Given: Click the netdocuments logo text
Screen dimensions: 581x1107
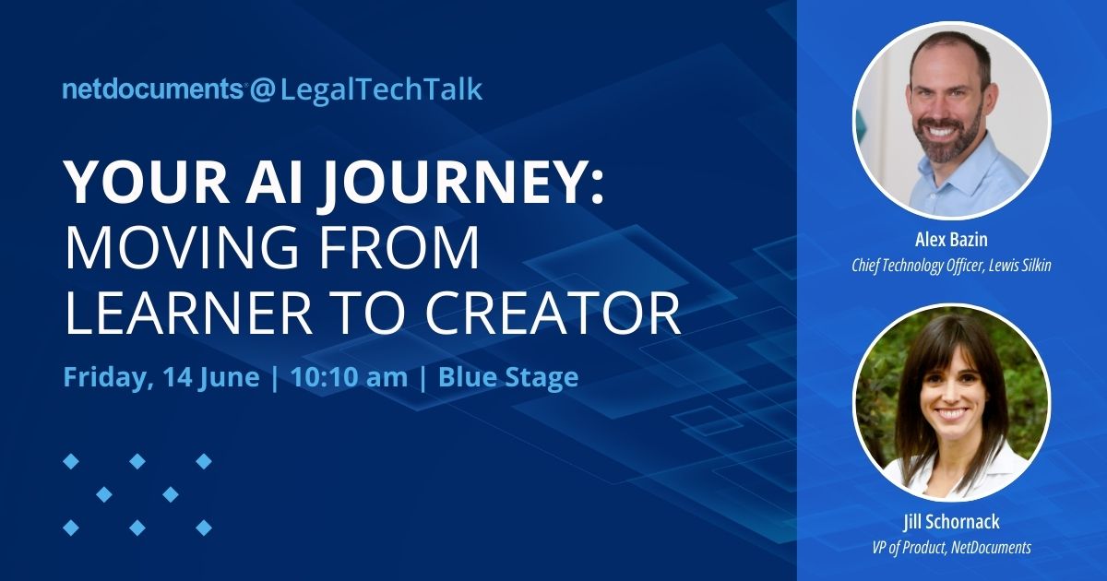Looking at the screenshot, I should point(152,89).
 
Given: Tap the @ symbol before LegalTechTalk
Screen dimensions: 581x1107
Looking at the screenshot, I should point(262,89).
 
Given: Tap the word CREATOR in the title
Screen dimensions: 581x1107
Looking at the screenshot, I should point(552,314).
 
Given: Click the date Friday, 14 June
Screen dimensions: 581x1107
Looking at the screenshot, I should point(161,377).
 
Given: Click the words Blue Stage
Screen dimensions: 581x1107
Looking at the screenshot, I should point(508,377).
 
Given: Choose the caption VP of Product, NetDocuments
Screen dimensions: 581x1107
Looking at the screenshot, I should point(951,548).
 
